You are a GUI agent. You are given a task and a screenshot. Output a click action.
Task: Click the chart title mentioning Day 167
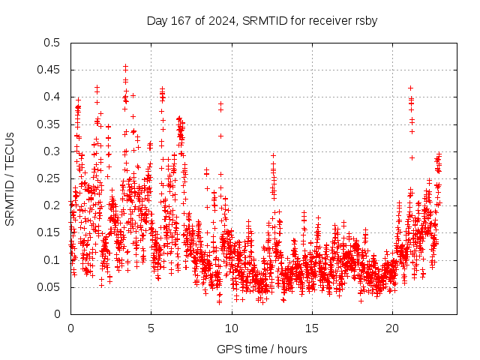(261, 20)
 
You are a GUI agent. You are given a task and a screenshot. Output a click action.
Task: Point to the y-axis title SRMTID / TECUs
(10, 178)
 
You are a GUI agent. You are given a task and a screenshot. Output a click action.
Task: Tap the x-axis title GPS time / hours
(262, 349)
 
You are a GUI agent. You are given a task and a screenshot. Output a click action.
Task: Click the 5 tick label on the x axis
(151, 328)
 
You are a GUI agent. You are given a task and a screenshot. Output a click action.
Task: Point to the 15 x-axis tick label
(311, 328)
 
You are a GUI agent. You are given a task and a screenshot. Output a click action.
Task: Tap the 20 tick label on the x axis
(392, 328)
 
